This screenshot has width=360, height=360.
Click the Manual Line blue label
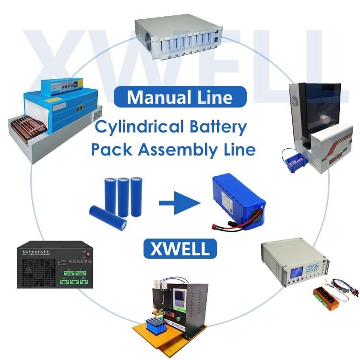pyautogui.click(x=180, y=97)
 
